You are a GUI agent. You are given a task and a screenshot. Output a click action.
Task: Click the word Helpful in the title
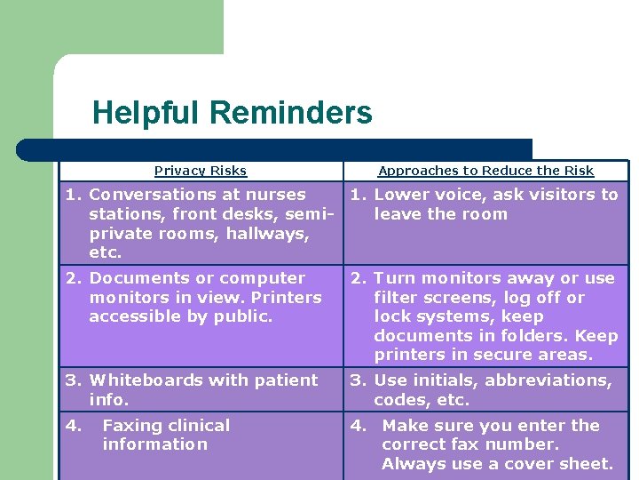pyautogui.click(x=147, y=114)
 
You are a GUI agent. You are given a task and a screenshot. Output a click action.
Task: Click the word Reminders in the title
pyautogui.click(x=291, y=114)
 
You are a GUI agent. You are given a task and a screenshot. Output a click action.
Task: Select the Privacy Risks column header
pyautogui.click(x=201, y=171)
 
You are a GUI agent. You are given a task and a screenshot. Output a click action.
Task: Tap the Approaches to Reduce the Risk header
pyautogui.click(x=485, y=171)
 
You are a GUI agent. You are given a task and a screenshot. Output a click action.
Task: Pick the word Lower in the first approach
pyautogui.click(x=401, y=195)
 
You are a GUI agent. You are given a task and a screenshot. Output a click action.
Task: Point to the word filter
pyautogui.click(x=397, y=298)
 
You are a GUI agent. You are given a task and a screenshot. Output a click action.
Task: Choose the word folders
pyautogui.click(x=535, y=336)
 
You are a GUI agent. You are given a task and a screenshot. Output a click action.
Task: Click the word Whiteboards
pyautogui.click(x=143, y=380)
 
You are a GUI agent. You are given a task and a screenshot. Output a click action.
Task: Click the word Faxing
pyautogui.click(x=132, y=426)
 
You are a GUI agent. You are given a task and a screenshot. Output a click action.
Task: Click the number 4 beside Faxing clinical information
pyautogui.click(x=72, y=426)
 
